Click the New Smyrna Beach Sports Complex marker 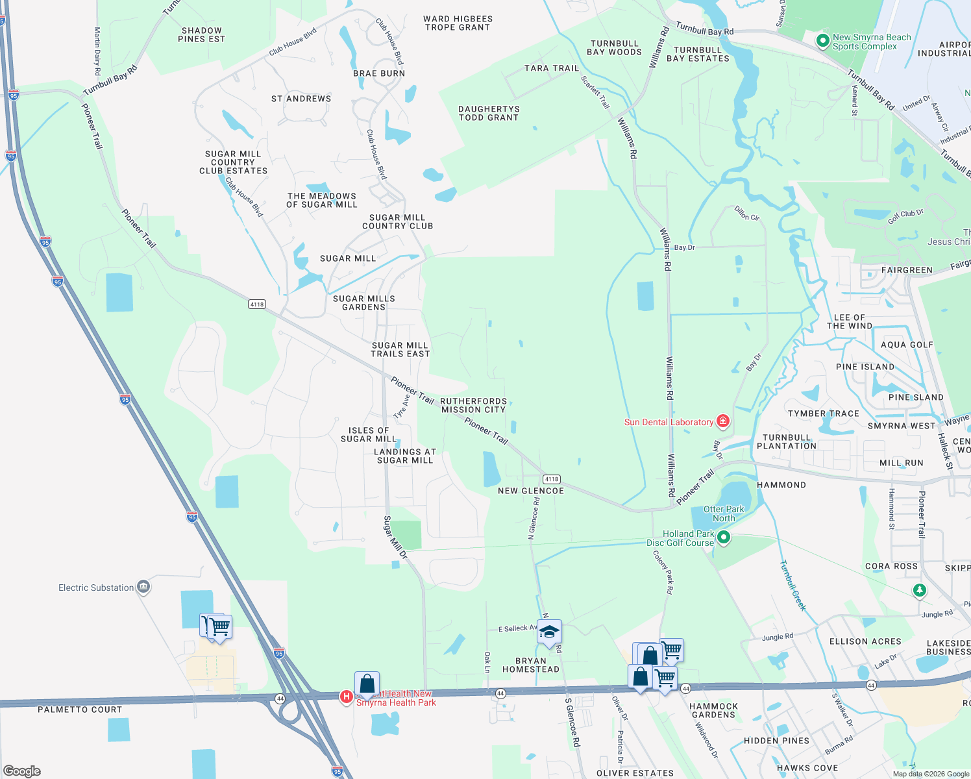(x=823, y=41)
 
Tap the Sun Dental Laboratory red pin (x=722, y=422)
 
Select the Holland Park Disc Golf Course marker (x=724, y=538)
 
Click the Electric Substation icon (x=143, y=587)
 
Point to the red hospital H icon (x=347, y=697)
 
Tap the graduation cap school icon (x=549, y=632)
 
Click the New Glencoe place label (x=530, y=491)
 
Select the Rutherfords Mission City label (x=473, y=406)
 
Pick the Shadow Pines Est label (x=201, y=35)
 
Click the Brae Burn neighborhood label (x=379, y=73)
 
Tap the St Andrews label (x=301, y=99)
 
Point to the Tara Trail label (x=551, y=68)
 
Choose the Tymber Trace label (x=823, y=414)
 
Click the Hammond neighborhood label (x=781, y=485)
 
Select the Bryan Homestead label (x=530, y=665)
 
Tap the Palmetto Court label (x=80, y=710)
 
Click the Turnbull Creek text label (x=793, y=586)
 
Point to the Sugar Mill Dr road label (x=395, y=538)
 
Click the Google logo (x=22, y=771)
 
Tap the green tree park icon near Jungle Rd (x=919, y=590)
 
